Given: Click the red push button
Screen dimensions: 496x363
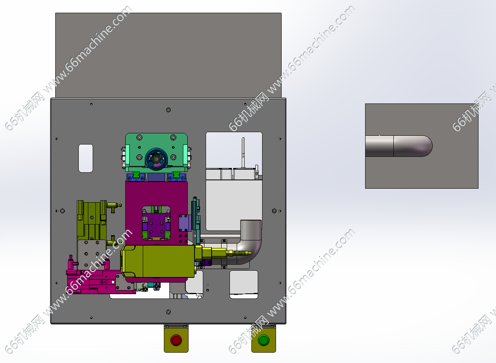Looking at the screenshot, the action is tap(176, 340).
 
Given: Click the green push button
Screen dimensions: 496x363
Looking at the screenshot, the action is tap(263, 340).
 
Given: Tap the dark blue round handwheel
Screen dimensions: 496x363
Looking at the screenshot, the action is tap(156, 159).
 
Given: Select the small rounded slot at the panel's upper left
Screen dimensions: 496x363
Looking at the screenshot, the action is tap(86, 158).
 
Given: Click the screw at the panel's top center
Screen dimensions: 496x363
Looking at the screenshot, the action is tap(168, 110).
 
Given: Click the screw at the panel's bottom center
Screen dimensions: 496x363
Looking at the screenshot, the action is tap(168, 312).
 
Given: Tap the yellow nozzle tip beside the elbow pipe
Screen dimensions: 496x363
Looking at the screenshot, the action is tap(249, 253).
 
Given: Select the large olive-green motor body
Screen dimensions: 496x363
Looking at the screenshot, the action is tap(158, 261).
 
